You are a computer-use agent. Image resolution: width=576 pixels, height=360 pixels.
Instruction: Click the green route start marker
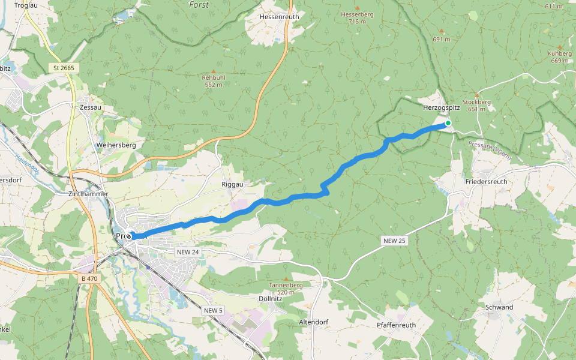pyautogui.click(x=448, y=124)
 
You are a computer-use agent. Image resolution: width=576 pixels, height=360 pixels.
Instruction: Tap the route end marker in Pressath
pyautogui.click(x=128, y=236)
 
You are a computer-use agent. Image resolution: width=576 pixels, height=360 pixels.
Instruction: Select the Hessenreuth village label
pyautogui.click(x=279, y=17)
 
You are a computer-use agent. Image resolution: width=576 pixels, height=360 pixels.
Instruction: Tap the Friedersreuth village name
pyautogui.click(x=486, y=181)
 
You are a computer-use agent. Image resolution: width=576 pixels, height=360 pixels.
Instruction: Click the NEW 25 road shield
pyautogui.click(x=394, y=241)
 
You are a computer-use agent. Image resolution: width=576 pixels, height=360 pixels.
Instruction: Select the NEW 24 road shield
pyautogui.click(x=187, y=253)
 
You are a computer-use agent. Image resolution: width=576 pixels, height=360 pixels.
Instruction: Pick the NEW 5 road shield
pyautogui.click(x=213, y=310)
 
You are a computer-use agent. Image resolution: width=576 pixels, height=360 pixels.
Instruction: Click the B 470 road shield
pyautogui.click(x=89, y=278)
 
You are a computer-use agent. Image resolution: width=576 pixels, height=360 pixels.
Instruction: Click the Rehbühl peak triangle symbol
pyautogui.click(x=212, y=71)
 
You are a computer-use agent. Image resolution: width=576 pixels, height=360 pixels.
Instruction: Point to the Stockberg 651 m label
pyautogui.click(x=476, y=106)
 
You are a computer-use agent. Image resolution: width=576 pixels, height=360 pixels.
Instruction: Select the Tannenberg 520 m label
pyautogui.click(x=286, y=289)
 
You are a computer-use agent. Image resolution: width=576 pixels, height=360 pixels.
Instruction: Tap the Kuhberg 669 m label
pyautogui.click(x=559, y=57)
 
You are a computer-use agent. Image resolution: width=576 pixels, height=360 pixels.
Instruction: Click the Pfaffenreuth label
pyautogui.click(x=396, y=325)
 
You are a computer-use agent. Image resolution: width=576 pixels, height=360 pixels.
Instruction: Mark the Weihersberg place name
pyautogui.click(x=116, y=145)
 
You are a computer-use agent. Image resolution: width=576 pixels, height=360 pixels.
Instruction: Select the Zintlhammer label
pyautogui.click(x=88, y=194)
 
